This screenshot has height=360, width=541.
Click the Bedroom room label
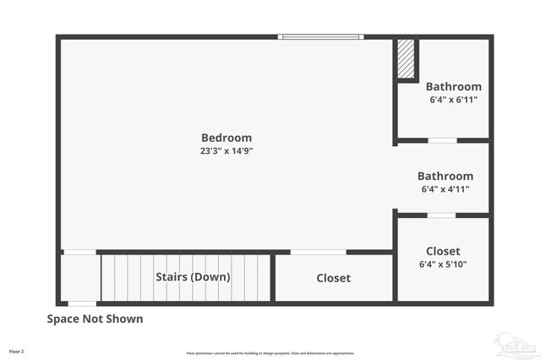click(226, 138)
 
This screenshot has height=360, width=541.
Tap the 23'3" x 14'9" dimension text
click(226, 151)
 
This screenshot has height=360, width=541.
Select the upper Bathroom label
click(453, 86)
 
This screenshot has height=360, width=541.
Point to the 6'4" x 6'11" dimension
click(453, 100)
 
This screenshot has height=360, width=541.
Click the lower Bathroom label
click(445, 176)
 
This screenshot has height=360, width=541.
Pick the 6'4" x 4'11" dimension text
click(445, 189)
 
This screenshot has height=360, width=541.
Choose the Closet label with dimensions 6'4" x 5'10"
click(443, 251)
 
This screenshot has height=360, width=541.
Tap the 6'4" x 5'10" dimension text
click(443, 265)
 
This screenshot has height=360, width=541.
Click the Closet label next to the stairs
click(333, 278)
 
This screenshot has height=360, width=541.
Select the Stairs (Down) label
click(193, 276)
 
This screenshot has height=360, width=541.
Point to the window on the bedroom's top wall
click(321, 36)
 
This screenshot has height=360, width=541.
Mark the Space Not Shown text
click(95, 319)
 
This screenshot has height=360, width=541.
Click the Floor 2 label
click(17, 351)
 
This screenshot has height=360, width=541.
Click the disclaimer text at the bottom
click(270, 353)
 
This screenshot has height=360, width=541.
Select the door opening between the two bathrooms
click(442, 139)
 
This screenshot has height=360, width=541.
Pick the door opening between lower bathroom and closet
click(441, 215)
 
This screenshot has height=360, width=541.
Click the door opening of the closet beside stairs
click(318, 252)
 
